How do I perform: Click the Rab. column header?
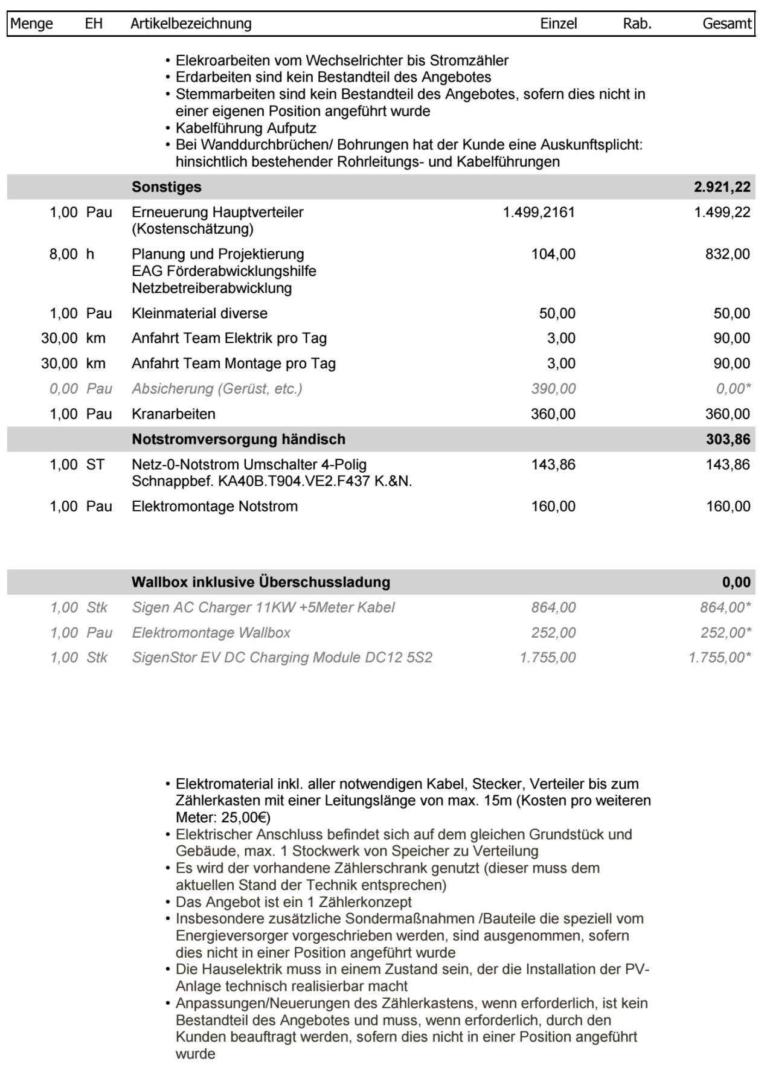tap(637, 24)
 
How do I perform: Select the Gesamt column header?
tap(727, 24)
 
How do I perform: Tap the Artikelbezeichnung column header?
tap(191, 24)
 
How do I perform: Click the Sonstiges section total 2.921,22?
tap(722, 187)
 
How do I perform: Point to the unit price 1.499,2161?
tap(539, 213)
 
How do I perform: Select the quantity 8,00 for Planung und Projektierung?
tap(63, 254)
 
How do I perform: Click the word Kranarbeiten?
tap(173, 414)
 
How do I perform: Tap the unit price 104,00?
tap(553, 254)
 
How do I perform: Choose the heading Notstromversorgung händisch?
tap(239, 440)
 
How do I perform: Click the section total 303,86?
tap(728, 440)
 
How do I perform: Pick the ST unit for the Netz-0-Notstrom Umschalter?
tap(95, 465)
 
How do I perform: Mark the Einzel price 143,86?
tap(553, 465)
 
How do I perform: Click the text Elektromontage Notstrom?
tap(214, 507)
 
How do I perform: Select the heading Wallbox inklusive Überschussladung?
tap(261, 583)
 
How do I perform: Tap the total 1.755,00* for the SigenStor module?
tap(720, 658)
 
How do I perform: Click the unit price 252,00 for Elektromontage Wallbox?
tap(553, 633)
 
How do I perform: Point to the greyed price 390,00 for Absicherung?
tap(553, 389)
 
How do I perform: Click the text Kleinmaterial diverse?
tap(199, 314)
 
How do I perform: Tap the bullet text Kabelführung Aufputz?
tap(246, 129)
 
